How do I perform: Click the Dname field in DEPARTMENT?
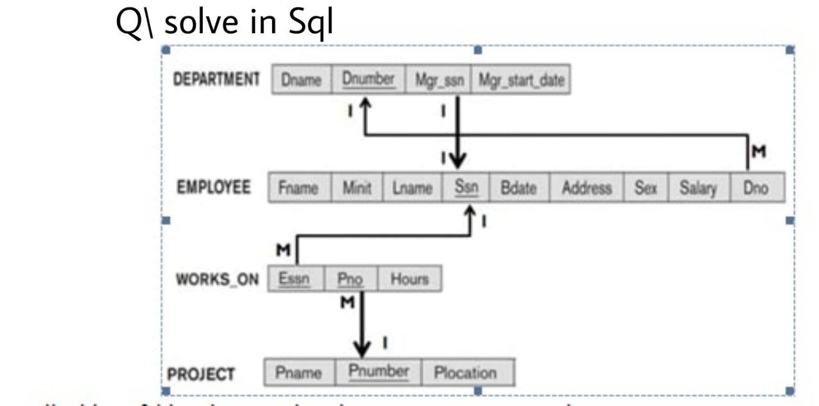pos(301,81)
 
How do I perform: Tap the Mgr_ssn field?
pos(438,81)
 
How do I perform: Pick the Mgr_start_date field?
pos(520,81)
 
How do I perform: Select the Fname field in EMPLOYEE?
pos(299,189)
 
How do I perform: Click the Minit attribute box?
pos(357,189)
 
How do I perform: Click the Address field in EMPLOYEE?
pos(586,189)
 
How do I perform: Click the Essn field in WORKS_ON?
pos(295,279)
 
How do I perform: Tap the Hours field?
pos(409,279)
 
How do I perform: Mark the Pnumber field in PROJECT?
pos(378,372)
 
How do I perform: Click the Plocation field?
pos(465,372)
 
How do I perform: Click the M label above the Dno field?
pos(759,152)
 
